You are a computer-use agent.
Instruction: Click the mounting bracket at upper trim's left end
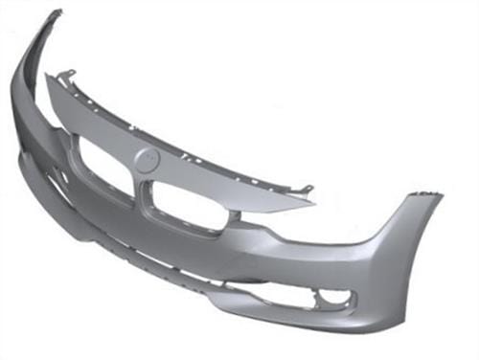tap(66, 75)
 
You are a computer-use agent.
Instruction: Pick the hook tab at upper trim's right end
tap(308, 191)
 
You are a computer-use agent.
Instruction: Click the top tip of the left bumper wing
tap(55, 13)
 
